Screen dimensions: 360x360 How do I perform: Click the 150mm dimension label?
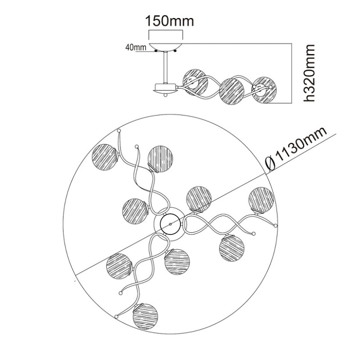pyautogui.click(x=170, y=21)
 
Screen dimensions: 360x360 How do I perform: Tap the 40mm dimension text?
pyautogui.click(x=136, y=47)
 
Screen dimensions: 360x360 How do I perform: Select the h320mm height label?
pyautogui.click(x=308, y=73)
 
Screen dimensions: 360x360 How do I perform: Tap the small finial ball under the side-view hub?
pyautogui.click(x=166, y=95)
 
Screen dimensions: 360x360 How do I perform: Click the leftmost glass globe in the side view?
pyautogui.click(x=195, y=82)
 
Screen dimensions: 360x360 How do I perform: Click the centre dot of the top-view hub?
pyautogui.click(x=170, y=224)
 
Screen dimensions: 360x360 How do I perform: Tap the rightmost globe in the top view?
pyautogui.click(x=261, y=199)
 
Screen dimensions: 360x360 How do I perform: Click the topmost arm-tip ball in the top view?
pyautogui.click(x=119, y=131)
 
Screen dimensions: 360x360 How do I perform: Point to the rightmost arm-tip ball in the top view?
pyautogui.click(x=276, y=226)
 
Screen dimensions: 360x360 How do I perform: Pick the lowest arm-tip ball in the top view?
pyautogui.click(x=117, y=317)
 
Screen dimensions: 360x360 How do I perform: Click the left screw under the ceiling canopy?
pyautogui.click(x=156, y=50)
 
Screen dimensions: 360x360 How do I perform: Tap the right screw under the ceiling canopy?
pyautogui.click(x=175, y=50)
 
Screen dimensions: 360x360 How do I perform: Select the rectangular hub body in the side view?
pyautogui.click(x=166, y=87)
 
